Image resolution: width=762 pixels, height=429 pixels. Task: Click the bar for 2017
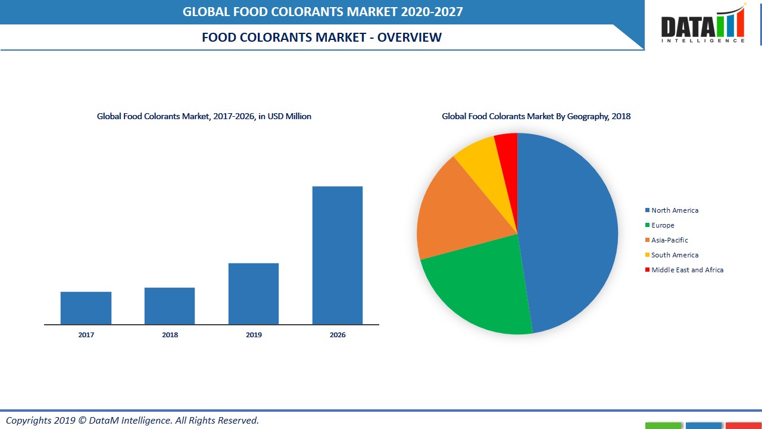pyautogui.click(x=86, y=308)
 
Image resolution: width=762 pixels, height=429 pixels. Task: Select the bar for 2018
pyautogui.click(x=170, y=306)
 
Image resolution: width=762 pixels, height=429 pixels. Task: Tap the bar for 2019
pyautogui.click(x=254, y=294)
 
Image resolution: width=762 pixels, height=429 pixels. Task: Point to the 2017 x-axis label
pyautogui.click(x=86, y=335)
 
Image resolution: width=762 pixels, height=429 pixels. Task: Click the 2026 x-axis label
pyautogui.click(x=338, y=335)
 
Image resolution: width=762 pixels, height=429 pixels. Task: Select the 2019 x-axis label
pyautogui.click(x=254, y=335)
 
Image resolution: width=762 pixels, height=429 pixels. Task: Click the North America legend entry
pyautogui.click(x=674, y=210)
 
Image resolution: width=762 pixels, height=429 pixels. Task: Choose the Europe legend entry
pyautogui.click(x=663, y=225)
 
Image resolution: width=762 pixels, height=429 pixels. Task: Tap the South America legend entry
pyautogui.click(x=674, y=255)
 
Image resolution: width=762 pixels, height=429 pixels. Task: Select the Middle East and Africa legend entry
pyautogui.click(x=687, y=270)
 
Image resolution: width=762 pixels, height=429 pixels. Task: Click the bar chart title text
pyautogui.click(x=204, y=117)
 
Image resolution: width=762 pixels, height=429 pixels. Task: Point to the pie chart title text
pyautogui.click(x=536, y=117)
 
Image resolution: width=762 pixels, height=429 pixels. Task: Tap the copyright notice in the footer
pyautogui.click(x=132, y=421)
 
